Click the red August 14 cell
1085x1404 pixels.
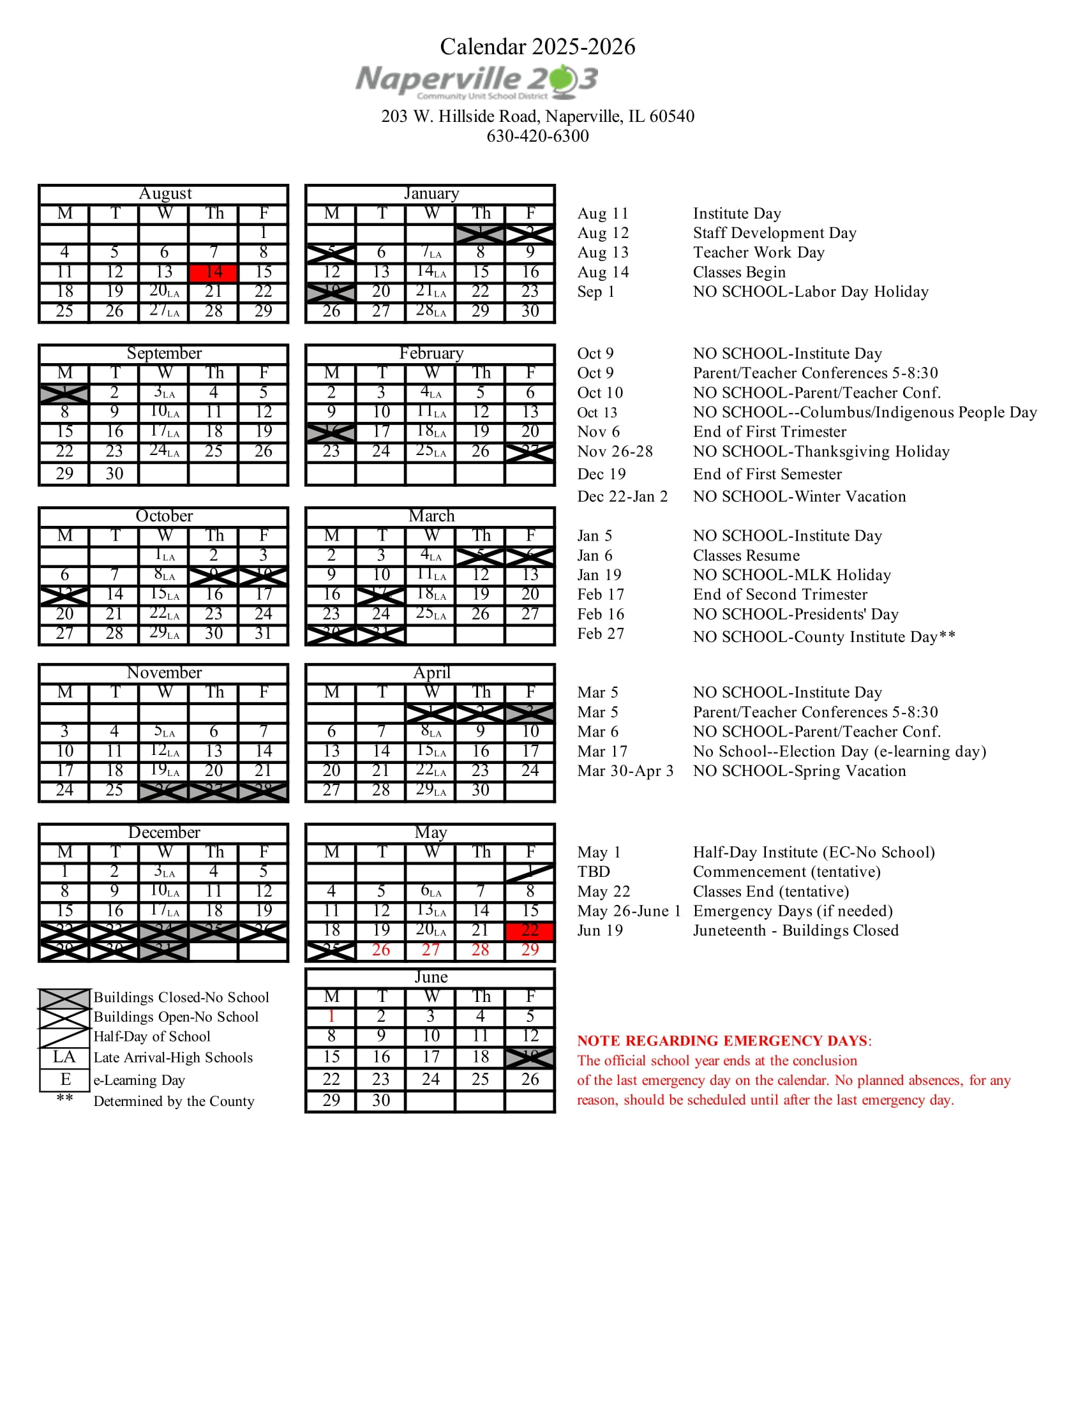pyautogui.click(x=213, y=273)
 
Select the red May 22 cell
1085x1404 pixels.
pyautogui.click(x=530, y=931)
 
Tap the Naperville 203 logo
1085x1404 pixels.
pyautogui.click(x=477, y=82)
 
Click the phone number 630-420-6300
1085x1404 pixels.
pyautogui.click(x=537, y=137)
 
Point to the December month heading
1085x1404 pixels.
pyautogui.click(x=164, y=832)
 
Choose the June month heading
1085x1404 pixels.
pyautogui.click(x=431, y=977)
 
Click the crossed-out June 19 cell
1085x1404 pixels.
pyautogui.click(x=530, y=1057)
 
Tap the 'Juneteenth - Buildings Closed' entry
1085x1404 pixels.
pyautogui.click(x=795, y=931)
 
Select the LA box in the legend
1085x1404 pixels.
pyautogui.click(x=64, y=1057)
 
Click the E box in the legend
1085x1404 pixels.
pyautogui.click(x=64, y=1079)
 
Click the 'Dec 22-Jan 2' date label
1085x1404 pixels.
pyautogui.click(x=622, y=497)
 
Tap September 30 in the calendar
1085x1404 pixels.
pyautogui.click(x=114, y=474)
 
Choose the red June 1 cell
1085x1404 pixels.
pyautogui.click(x=331, y=1017)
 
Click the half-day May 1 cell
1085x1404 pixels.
pyautogui.click(x=530, y=872)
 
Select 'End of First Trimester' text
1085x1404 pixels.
pyautogui.click(x=770, y=432)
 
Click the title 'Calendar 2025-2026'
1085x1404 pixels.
pyautogui.click(x=537, y=47)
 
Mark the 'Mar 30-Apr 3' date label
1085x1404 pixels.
pyautogui.click(x=625, y=771)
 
